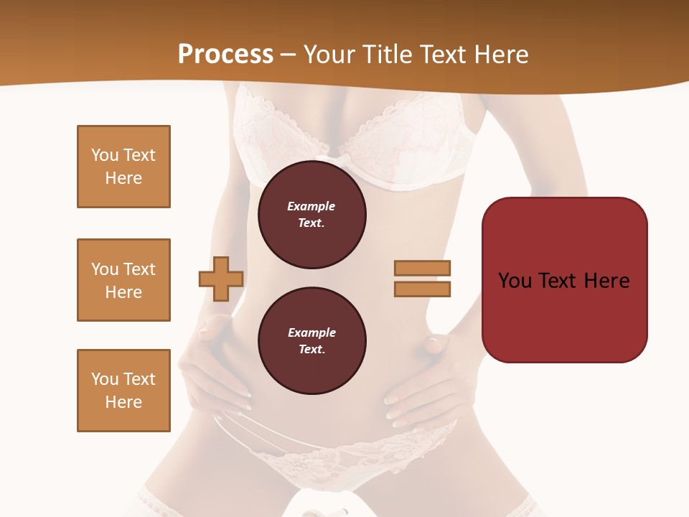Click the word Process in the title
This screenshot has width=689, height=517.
point(225,55)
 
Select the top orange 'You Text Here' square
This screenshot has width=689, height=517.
point(123,167)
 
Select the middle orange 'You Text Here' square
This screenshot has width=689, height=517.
point(123,280)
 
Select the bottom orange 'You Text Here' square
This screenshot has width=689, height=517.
point(123,391)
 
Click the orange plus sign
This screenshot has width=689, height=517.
point(221,279)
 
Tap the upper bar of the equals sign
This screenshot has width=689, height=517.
point(422,268)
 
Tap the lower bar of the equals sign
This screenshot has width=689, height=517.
point(422,289)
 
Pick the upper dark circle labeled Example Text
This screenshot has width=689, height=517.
point(311,215)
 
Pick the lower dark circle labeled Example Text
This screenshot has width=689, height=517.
point(311,341)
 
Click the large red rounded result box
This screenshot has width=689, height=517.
point(564,280)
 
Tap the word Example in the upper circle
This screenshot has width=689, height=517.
point(311,206)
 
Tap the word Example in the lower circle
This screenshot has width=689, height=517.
point(311,332)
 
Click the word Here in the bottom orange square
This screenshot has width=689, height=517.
point(123,402)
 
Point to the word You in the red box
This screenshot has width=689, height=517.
point(515,280)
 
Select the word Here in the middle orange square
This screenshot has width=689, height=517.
point(123,292)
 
